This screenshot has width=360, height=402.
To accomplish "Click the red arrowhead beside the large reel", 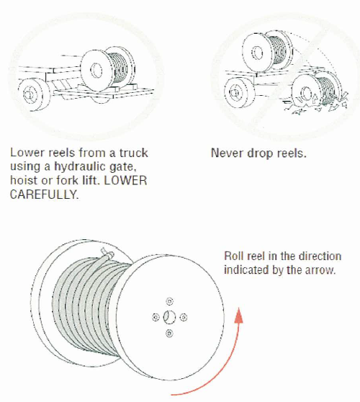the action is [x=238, y=315].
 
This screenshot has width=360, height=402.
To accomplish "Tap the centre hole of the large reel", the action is [x=169, y=317].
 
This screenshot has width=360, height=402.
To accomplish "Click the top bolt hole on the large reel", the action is [x=169, y=301].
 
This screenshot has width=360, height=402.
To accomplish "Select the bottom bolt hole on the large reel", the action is [x=169, y=334].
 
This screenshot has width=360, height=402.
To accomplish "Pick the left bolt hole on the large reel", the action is [x=156, y=318].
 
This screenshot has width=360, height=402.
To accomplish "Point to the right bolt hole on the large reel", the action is [x=183, y=318].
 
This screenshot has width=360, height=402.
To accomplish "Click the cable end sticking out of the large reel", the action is [x=107, y=253].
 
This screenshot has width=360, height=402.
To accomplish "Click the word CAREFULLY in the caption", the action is [x=44, y=195].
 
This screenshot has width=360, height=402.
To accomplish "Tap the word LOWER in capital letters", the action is [x=125, y=181].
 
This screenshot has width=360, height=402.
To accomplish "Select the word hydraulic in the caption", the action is [x=80, y=167].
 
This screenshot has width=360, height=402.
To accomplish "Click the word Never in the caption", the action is [x=227, y=153].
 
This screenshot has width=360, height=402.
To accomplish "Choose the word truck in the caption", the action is [x=134, y=153].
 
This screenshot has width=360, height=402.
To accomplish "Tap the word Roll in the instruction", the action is [x=232, y=256].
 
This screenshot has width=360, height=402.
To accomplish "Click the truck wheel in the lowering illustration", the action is [x=33, y=95].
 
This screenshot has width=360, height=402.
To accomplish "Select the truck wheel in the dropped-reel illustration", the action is [x=239, y=93].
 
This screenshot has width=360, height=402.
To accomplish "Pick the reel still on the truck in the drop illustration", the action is [x=267, y=51].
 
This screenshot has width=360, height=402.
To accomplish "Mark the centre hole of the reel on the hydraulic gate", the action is [x=97, y=71].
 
